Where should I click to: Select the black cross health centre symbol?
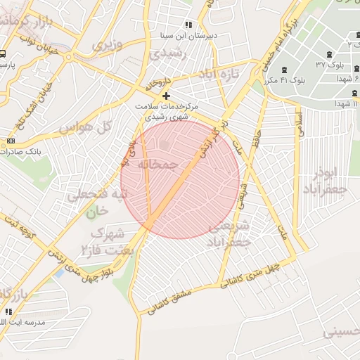point(166,96)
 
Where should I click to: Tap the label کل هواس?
point(86,129)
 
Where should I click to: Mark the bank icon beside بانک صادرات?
point(10,141)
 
